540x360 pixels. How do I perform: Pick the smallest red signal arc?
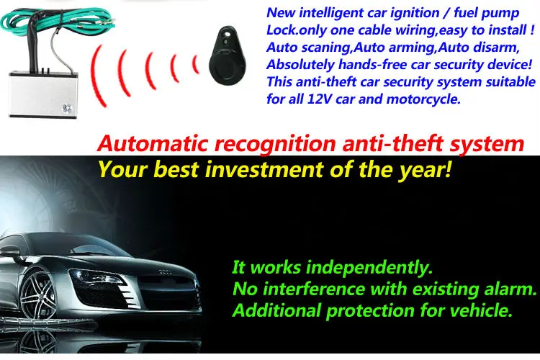[195, 63]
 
